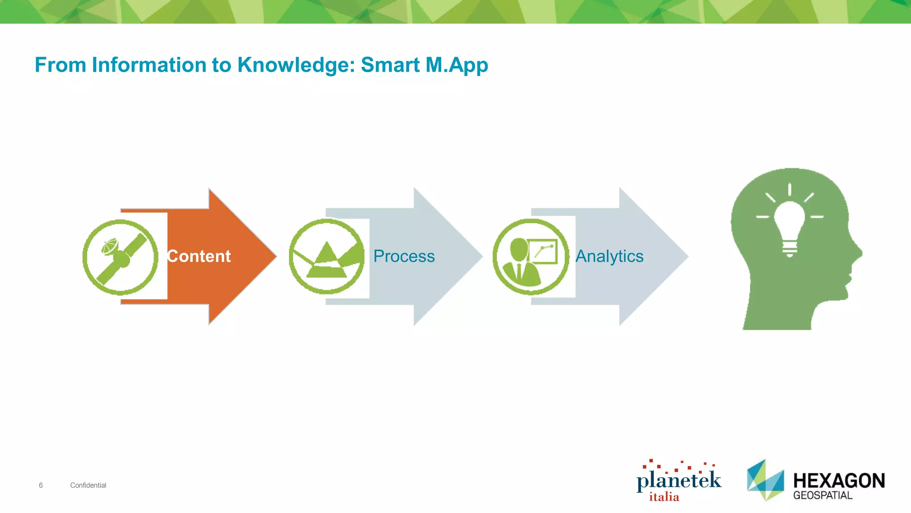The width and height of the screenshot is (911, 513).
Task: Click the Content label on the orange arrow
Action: click(x=199, y=256)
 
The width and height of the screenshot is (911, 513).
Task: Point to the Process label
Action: click(x=404, y=256)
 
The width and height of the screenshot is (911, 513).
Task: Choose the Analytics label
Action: click(x=609, y=256)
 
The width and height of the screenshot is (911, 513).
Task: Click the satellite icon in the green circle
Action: click(x=121, y=257)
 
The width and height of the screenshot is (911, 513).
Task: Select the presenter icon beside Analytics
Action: click(x=531, y=257)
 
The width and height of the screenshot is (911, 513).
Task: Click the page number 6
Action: click(x=41, y=485)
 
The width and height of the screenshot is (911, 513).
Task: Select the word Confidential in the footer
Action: click(x=88, y=485)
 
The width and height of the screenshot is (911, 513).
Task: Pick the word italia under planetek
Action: click(x=664, y=497)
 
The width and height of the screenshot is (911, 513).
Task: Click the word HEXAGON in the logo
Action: click(x=839, y=481)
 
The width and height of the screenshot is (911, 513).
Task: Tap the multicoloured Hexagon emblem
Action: click(x=765, y=480)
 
